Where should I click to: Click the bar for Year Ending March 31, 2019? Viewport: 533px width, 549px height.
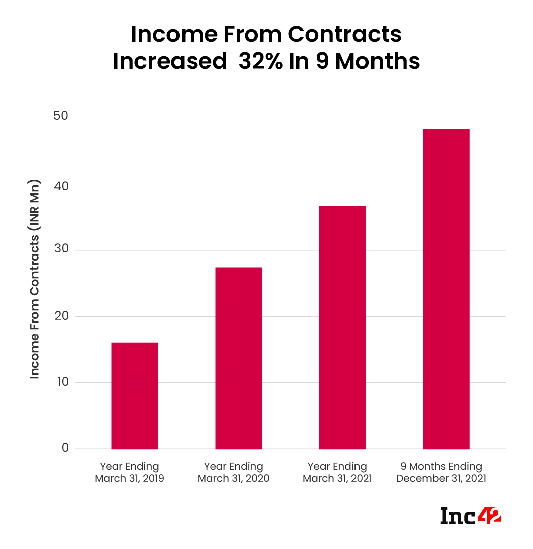coord(134,396)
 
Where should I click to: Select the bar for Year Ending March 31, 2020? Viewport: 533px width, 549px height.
coord(238,358)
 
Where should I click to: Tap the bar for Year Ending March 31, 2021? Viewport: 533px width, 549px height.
coord(342,328)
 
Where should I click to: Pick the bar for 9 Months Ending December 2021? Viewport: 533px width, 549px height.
coord(446,289)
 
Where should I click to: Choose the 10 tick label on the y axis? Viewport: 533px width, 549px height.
coord(62,383)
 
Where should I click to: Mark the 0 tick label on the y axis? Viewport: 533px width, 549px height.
coord(65,448)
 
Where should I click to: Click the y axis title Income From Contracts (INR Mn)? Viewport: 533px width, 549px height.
coord(35,279)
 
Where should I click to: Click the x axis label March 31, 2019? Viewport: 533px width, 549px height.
coord(129,478)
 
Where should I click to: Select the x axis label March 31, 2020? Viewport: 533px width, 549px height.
coord(233,478)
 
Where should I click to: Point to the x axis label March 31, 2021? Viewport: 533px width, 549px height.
coord(337,478)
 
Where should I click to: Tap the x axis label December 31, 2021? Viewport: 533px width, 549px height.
coord(441,478)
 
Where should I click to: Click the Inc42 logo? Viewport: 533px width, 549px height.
coord(471,516)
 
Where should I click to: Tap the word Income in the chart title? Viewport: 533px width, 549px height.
coord(167,34)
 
